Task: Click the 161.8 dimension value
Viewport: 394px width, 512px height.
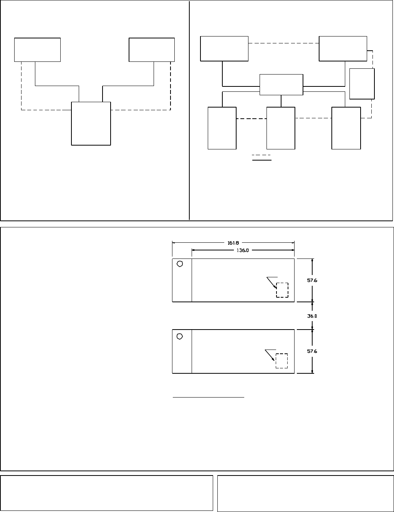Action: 233,243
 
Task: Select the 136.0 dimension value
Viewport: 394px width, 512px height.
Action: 243,250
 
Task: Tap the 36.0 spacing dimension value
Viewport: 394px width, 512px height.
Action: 312,316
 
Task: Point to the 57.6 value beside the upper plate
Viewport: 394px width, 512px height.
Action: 312,280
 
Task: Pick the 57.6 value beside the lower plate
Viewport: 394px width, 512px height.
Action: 312,351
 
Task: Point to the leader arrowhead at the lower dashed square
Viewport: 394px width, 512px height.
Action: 273,359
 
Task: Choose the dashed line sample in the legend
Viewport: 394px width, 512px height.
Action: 261,155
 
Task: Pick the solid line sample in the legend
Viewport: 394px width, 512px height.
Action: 262,160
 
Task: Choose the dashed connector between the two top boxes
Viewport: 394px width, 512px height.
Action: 283,43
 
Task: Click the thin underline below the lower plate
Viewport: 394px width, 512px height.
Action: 209,397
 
